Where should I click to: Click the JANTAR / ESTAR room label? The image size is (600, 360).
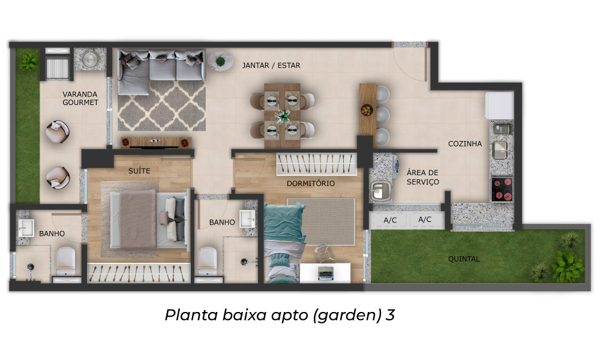tap(271, 65)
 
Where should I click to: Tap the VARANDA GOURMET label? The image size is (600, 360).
tap(80, 98)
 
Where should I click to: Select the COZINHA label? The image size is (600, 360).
tap(464, 144)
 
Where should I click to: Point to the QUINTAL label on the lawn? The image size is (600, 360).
tap(464, 259)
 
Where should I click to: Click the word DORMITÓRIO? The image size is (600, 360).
tap(311, 183)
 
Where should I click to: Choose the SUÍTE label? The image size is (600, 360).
tap(139, 170)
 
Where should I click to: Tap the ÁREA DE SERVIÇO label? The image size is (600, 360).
tap(422, 177)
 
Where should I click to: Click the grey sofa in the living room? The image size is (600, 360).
tap(161, 71)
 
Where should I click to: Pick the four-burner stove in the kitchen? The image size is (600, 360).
tap(502, 189)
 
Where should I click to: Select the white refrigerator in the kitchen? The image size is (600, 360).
tap(499, 105)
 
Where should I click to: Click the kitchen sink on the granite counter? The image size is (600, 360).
tap(500, 150)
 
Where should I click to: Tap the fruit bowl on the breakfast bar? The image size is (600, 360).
tap(367, 110)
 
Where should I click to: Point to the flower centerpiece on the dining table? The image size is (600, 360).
tap(283, 116)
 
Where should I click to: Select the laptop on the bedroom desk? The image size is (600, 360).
tap(326, 273)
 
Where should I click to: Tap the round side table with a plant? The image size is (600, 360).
tap(220, 61)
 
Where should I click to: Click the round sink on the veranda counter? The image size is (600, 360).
tap(90, 59)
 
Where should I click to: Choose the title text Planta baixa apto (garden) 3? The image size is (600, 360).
tap(280, 315)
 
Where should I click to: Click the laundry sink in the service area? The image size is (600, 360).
tap(380, 190)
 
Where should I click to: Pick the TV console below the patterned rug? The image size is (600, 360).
tap(156, 142)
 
